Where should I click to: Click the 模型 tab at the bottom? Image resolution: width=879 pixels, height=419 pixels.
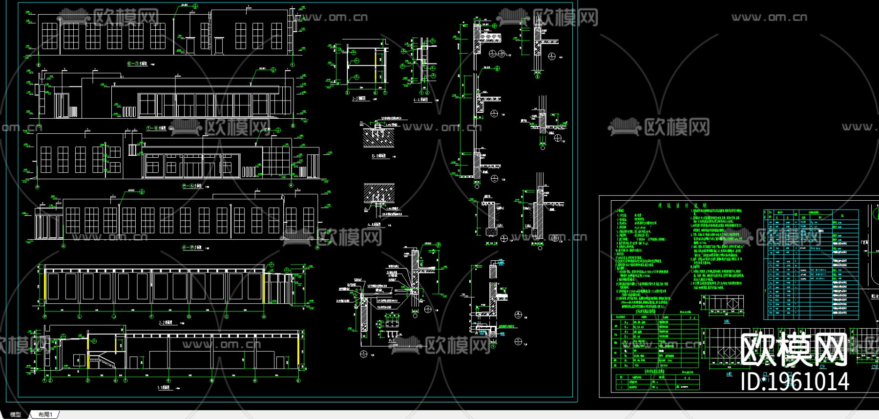pos(16,414)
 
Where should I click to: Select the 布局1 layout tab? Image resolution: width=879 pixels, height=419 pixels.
pos(45,414)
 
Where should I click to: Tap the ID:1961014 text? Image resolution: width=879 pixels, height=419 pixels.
pos(795,381)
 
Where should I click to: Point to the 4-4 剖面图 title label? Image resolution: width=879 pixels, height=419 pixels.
pos(420,99)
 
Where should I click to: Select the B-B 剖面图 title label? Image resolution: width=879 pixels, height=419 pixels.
pos(378,156)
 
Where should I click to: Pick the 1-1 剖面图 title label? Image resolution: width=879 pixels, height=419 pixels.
pos(163,388)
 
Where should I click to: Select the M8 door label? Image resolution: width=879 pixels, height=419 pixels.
pos(729,374)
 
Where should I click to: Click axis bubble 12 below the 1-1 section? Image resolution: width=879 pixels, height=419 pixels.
pos(298,380)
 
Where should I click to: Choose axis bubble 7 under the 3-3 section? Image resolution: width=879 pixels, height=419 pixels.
pos(385,92)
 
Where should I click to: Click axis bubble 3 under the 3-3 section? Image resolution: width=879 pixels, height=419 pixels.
pos(348,92)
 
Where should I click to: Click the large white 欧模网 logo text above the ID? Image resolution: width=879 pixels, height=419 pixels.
pos(793,349)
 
